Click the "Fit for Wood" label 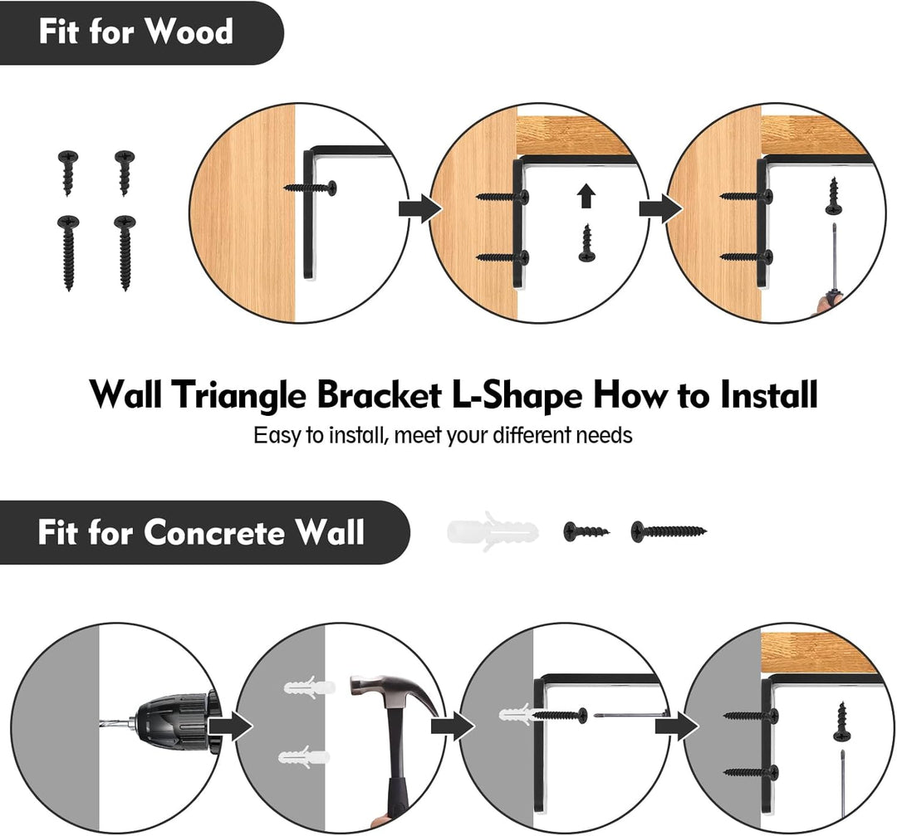click(x=135, y=32)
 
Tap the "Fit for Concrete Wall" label click(x=200, y=532)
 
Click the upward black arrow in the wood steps click(x=586, y=196)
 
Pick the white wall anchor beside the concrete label click(x=492, y=531)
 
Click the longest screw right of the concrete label click(x=668, y=531)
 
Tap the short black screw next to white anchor click(x=586, y=531)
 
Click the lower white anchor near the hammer click(x=304, y=757)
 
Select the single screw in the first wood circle click(x=313, y=188)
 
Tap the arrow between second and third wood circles click(x=655, y=208)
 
